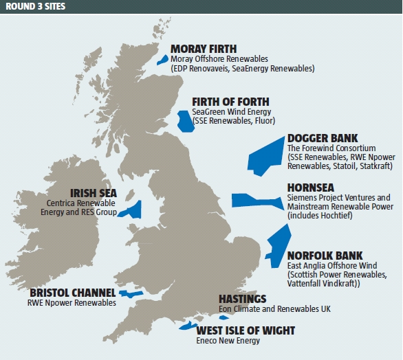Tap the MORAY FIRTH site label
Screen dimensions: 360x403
click(204, 49)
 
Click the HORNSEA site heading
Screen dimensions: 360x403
click(313, 188)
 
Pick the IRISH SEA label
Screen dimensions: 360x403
click(94, 194)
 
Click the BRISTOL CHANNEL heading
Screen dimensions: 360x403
click(72, 292)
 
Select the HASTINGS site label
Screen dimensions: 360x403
click(242, 299)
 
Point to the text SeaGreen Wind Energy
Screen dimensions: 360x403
click(232, 111)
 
